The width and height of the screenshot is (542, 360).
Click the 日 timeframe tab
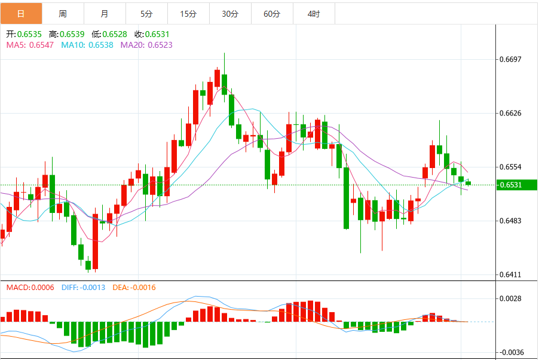pos(21,13)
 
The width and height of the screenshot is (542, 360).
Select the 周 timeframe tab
pos(63,13)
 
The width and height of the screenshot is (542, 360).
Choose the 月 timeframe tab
pos(105,13)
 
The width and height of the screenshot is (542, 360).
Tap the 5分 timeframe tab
pos(146,13)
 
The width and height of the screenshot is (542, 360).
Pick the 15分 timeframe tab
pos(188,13)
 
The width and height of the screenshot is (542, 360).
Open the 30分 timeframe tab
pos(230,13)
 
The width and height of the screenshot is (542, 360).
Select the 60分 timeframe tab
pos(272,13)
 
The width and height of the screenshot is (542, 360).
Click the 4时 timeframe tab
pos(314,13)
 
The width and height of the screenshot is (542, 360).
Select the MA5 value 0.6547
pos(42,44)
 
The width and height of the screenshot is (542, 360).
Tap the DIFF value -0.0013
pos(91,288)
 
